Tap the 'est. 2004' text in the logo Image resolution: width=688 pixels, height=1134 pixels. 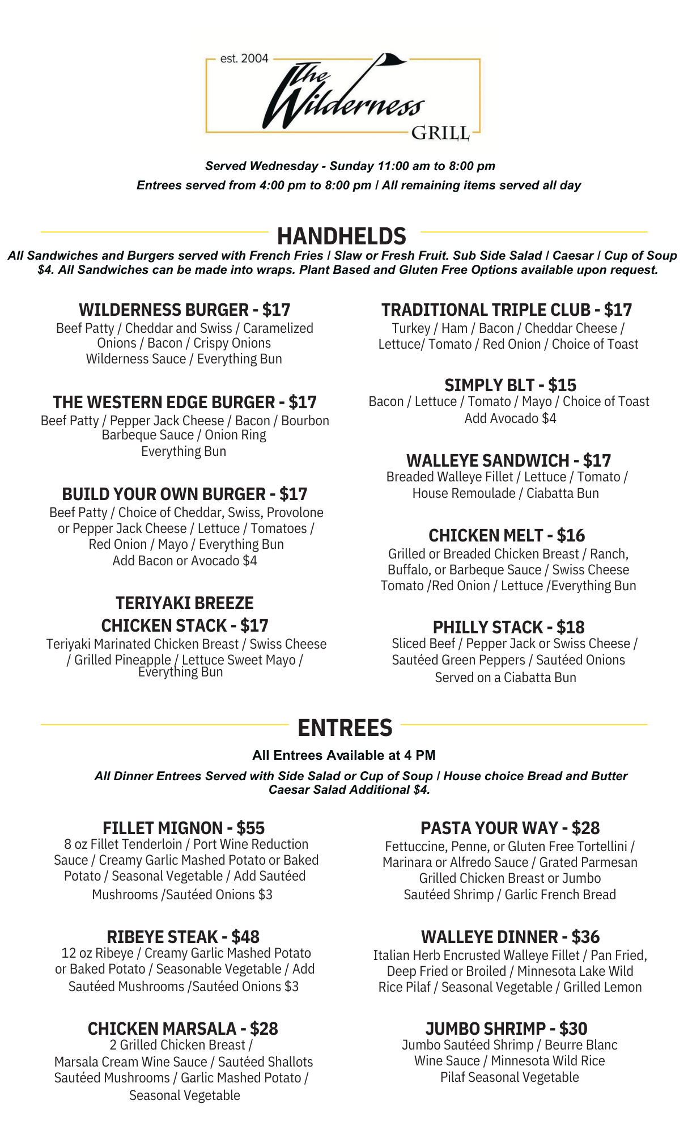(244, 58)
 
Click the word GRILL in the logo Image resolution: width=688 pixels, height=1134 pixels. (440, 133)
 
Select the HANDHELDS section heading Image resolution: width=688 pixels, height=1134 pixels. (342, 236)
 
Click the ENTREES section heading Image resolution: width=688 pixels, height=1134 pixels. (345, 727)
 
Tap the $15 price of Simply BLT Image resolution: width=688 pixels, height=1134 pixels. (562, 385)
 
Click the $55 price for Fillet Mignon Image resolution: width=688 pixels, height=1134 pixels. (250, 828)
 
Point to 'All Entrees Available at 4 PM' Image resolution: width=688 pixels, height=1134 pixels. (344, 755)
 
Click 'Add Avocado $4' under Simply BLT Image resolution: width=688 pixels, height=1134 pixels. (510, 418)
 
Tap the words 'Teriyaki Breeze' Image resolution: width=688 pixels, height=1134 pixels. (185, 603)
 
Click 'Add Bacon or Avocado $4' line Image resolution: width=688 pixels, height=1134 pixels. (185, 561)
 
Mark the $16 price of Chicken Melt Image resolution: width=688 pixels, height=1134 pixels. (571, 535)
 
